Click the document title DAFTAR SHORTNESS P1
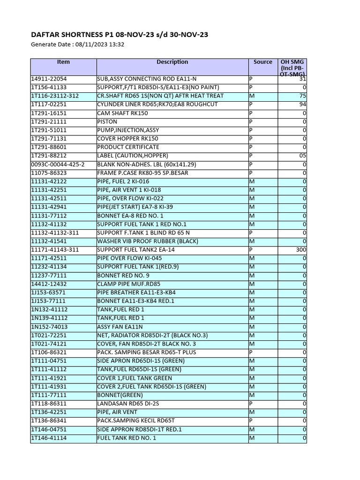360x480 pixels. (120, 35)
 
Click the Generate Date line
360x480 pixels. (77, 45)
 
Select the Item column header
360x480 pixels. (63, 62)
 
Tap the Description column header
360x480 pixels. (172, 62)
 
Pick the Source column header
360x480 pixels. (262, 62)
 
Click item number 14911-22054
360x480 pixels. (49, 79)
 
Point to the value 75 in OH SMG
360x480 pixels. (302, 96)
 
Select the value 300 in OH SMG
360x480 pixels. (301, 250)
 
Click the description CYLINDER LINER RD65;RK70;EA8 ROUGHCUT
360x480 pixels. (157, 105)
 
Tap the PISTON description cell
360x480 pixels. (107, 121)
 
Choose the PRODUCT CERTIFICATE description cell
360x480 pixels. (127, 147)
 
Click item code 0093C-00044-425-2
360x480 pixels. (58, 165)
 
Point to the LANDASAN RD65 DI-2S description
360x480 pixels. (127, 404)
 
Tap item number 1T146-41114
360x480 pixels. (49, 438)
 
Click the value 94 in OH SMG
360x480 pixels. (302, 105)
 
